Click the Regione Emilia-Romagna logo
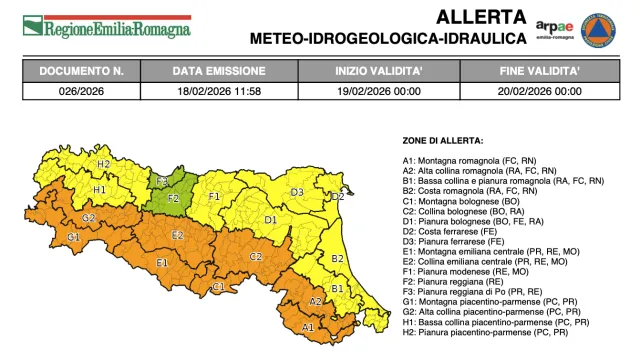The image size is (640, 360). point(106,26)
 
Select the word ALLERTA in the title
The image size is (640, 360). point(468,17)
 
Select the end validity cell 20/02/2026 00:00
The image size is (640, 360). point(541,91)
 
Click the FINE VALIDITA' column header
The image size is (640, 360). point(541,72)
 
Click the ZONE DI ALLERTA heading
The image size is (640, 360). point(442,140)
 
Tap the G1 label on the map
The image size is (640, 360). point(73,238)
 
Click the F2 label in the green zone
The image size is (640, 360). point(173,199)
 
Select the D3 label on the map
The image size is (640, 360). point(296,192)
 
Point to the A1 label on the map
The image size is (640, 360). point(308,326)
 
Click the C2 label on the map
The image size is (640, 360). point(256,257)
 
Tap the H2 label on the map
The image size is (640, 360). point(103,164)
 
